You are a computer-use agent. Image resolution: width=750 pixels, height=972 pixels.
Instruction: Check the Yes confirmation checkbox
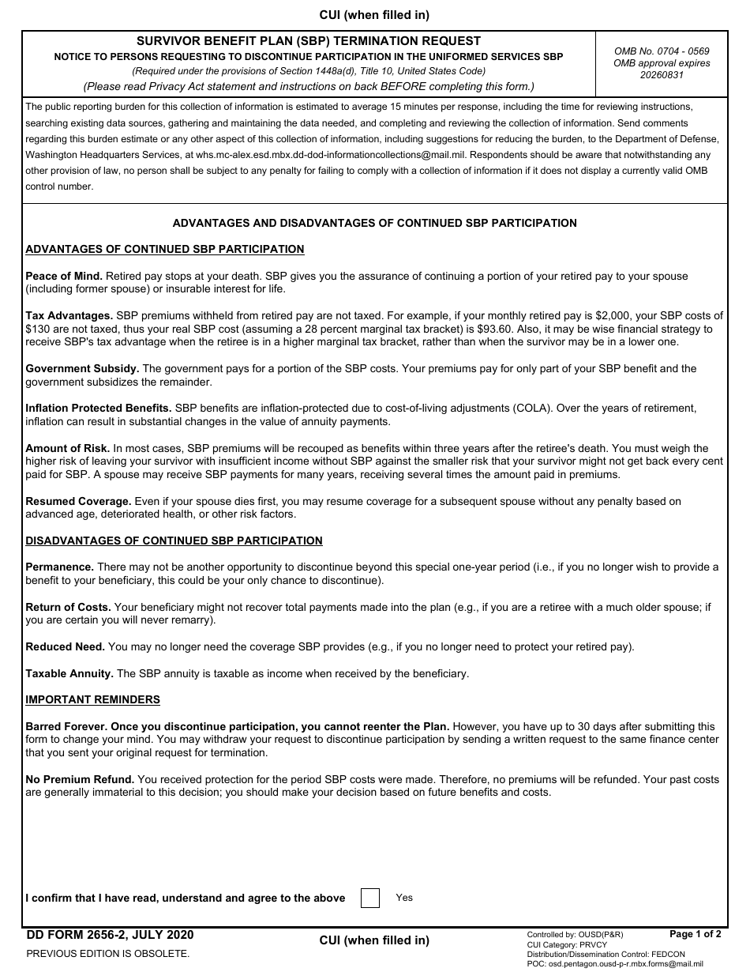coord(369,898)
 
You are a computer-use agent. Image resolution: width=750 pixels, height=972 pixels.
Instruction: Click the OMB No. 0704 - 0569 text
coord(662,51)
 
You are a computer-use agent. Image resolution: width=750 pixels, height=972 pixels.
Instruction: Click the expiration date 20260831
coord(662,75)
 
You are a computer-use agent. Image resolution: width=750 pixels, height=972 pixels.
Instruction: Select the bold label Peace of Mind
coord(64,276)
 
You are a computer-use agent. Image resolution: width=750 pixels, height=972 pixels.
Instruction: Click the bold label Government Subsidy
coord(82,368)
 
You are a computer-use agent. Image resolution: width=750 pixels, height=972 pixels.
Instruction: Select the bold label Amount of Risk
coord(68,448)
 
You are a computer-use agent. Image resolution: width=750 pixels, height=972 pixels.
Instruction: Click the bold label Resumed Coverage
coord(78,501)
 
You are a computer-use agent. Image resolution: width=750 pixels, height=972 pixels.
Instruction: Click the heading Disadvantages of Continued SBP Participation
coord(174,541)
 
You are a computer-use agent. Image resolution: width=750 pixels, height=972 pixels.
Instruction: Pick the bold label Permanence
coord(60,567)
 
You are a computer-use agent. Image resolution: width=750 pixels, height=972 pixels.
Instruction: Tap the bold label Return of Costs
coord(68,607)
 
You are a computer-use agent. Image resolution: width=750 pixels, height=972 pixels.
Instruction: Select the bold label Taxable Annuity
coord(69,673)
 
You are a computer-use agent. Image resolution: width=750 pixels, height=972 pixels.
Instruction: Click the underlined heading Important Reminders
coord(92,699)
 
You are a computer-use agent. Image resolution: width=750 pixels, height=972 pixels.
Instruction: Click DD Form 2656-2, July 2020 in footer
coord(110,935)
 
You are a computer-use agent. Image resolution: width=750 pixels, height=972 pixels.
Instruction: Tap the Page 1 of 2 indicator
coord(695,934)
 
